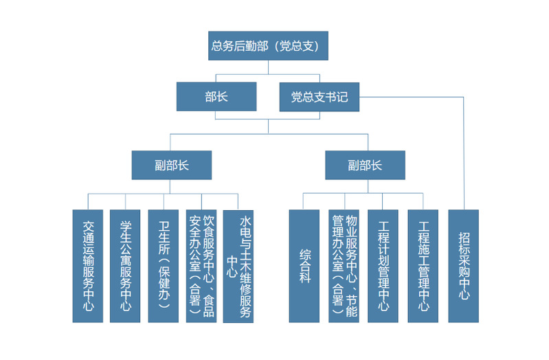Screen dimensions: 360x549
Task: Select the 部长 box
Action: [x=216, y=97]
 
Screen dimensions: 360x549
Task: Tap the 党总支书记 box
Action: [x=319, y=97]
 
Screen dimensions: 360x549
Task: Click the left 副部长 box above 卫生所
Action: [x=172, y=165]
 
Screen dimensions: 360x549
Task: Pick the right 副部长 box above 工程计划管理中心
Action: [x=365, y=165]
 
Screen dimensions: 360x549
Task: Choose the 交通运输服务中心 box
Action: [x=88, y=266]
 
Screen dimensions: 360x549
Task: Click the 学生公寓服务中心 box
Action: [x=126, y=266]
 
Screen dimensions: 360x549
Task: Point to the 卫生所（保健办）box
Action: [x=164, y=266]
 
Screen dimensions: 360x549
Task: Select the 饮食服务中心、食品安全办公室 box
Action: [x=201, y=266]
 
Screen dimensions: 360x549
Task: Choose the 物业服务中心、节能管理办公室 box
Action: [x=344, y=266]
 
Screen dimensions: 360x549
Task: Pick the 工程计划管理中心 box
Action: [x=383, y=266]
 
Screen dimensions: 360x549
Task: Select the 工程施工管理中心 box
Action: [x=423, y=266]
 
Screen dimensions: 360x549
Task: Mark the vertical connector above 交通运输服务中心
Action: [x=88, y=201]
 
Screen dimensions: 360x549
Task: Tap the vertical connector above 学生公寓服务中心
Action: [x=126, y=201]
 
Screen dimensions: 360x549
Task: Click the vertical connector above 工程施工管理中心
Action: [x=423, y=201]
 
